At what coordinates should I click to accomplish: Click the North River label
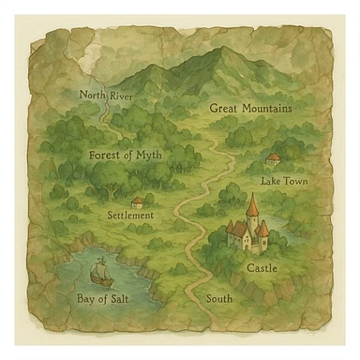(x=106, y=95)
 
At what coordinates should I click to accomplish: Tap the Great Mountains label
(x=250, y=109)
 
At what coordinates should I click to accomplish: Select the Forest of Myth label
(x=125, y=155)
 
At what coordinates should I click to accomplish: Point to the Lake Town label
(x=283, y=180)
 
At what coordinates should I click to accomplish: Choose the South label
(x=219, y=299)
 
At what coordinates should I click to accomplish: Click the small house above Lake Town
(x=273, y=159)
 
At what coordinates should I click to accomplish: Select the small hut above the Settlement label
(x=138, y=202)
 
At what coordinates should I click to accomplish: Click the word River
(x=120, y=95)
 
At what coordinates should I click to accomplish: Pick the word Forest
(x=105, y=155)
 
